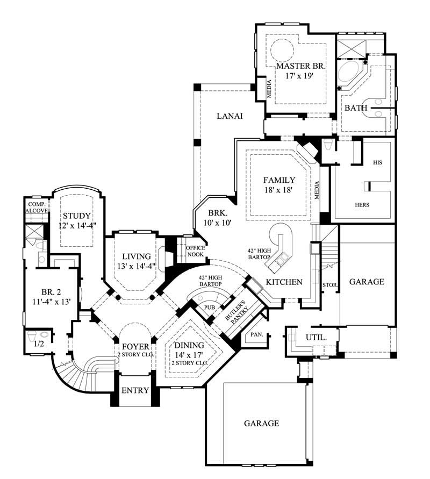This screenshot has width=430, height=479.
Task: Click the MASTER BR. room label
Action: [x=301, y=66]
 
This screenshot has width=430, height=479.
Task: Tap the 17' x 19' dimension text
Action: [x=299, y=76]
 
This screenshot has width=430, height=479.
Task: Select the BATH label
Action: [x=356, y=108]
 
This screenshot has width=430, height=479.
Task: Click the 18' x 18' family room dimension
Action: [x=279, y=190]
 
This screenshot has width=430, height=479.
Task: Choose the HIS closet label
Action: [x=377, y=162]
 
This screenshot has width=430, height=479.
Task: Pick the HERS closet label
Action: [x=362, y=205]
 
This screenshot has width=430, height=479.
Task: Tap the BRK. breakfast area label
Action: [x=218, y=212]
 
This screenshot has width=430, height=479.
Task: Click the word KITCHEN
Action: [x=284, y=282]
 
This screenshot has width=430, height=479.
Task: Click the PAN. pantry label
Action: [x=256, y=334]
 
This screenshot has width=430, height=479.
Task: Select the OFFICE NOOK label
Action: [x=195, y=251]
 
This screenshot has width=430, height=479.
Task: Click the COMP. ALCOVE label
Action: [x=37, y=208]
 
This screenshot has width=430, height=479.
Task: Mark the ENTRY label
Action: [x=134, y=390]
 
